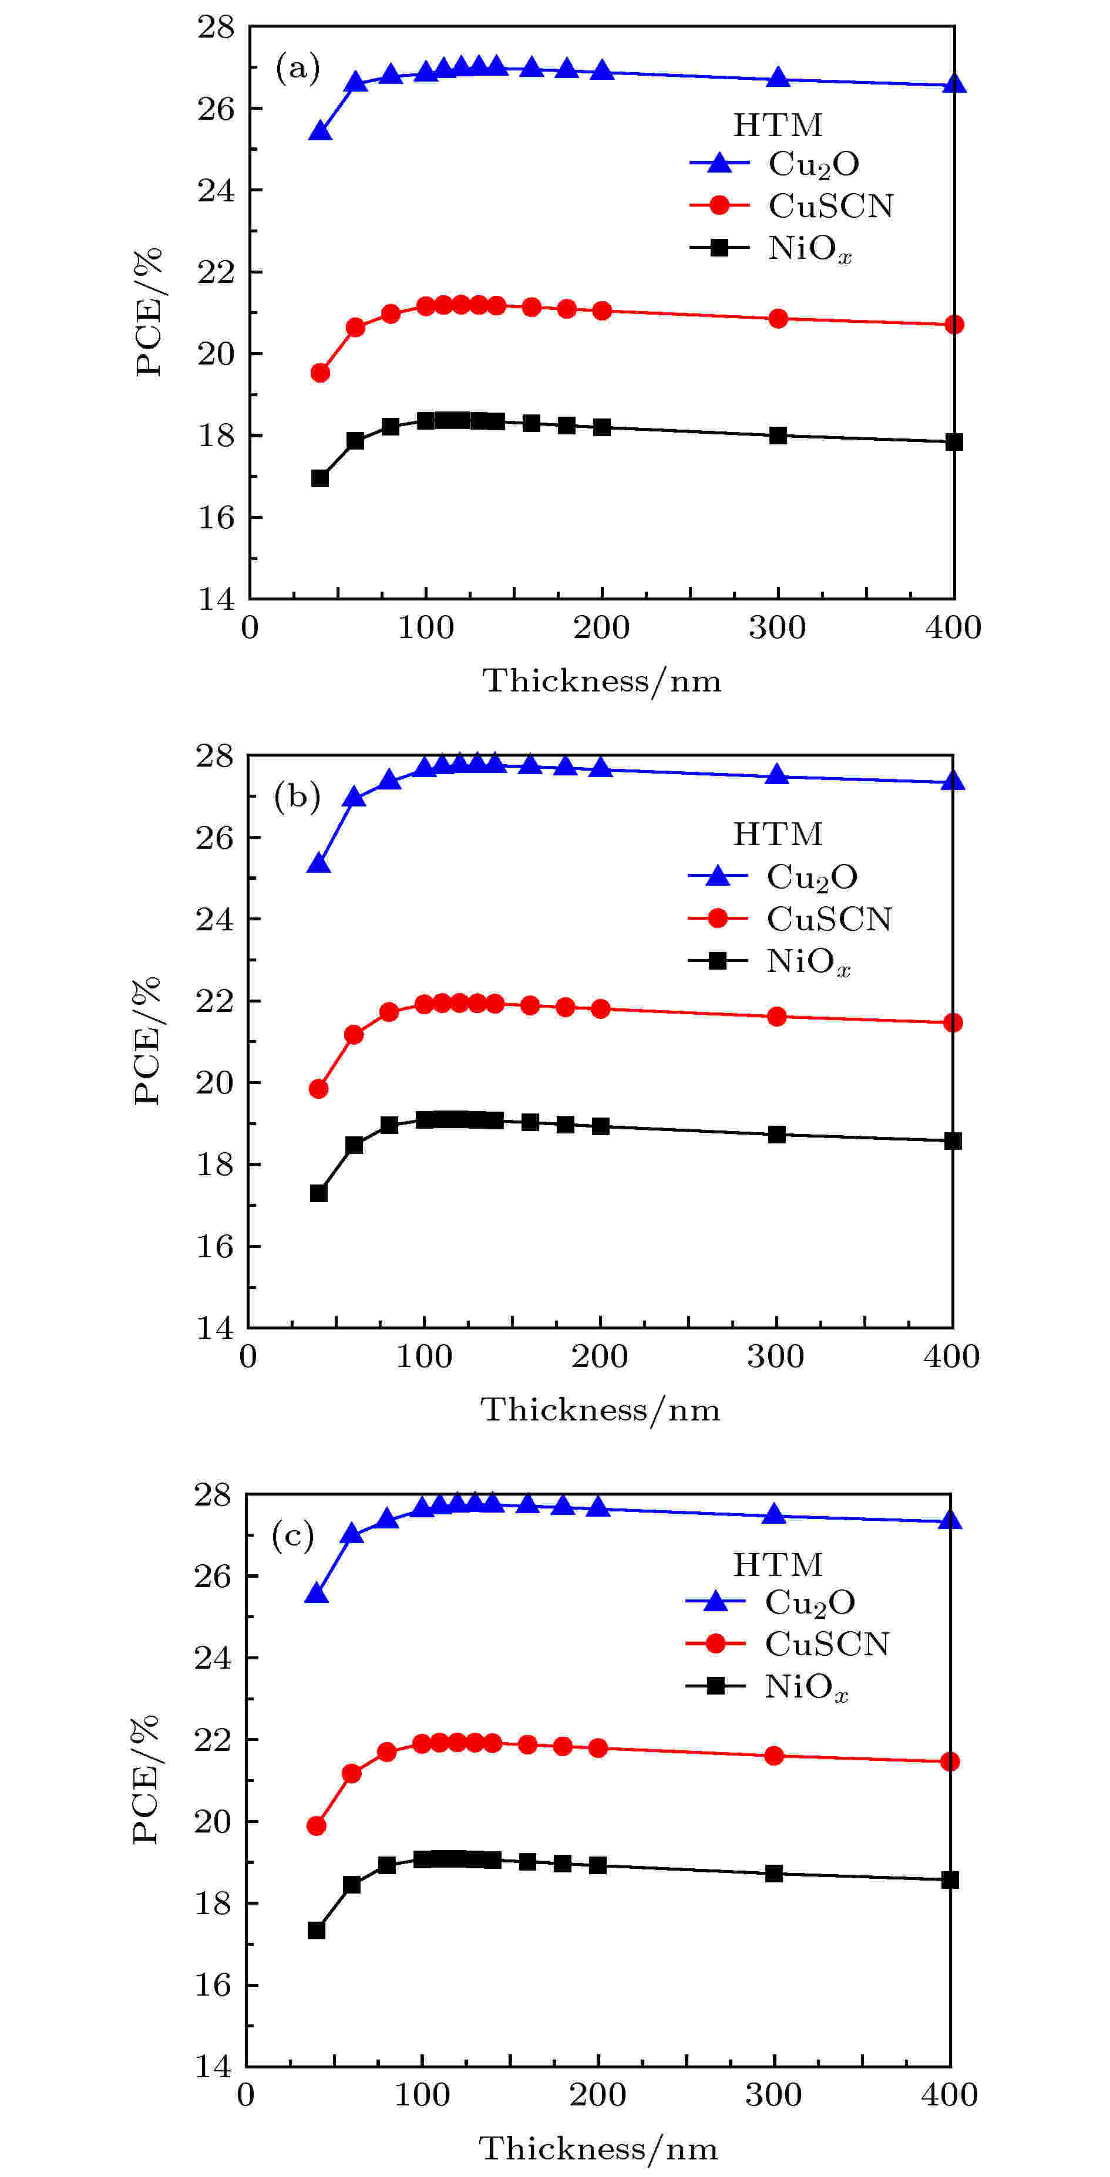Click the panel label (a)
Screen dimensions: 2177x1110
point(298,67)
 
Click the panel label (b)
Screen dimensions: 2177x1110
point(297,796)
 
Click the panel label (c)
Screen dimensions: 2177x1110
point(292,1535)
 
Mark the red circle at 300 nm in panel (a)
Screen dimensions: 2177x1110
point(778,319)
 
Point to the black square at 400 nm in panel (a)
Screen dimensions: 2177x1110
point(954,442)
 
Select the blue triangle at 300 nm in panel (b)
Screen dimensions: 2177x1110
point(776,775)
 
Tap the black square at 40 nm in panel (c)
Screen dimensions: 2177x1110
point(316,1930)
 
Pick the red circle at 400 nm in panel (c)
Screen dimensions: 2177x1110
point(950,1761)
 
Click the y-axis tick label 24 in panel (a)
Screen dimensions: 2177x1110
point(216,190)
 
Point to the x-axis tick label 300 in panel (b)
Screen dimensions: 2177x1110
point(775,1356)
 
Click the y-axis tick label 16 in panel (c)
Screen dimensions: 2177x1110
point(213,1984)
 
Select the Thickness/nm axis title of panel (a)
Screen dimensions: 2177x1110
point(601,680)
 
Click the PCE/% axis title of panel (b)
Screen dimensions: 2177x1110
point(147,1041)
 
